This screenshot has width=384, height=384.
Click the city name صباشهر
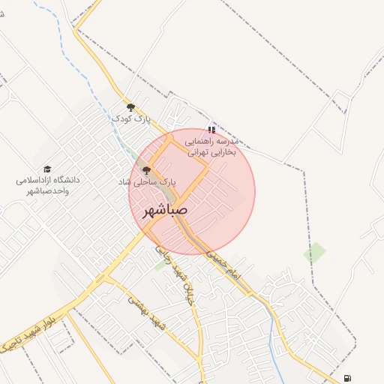point(164,212)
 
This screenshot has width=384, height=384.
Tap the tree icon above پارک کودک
point(130,107)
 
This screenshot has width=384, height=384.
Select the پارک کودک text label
point(131,118)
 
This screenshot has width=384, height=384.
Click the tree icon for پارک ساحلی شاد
point(146,171)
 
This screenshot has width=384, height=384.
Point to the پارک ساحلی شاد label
point(146,182)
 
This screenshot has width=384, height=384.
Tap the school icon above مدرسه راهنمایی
point(211,129)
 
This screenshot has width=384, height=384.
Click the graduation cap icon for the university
point(48,169)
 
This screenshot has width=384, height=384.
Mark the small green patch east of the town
point(315,252)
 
